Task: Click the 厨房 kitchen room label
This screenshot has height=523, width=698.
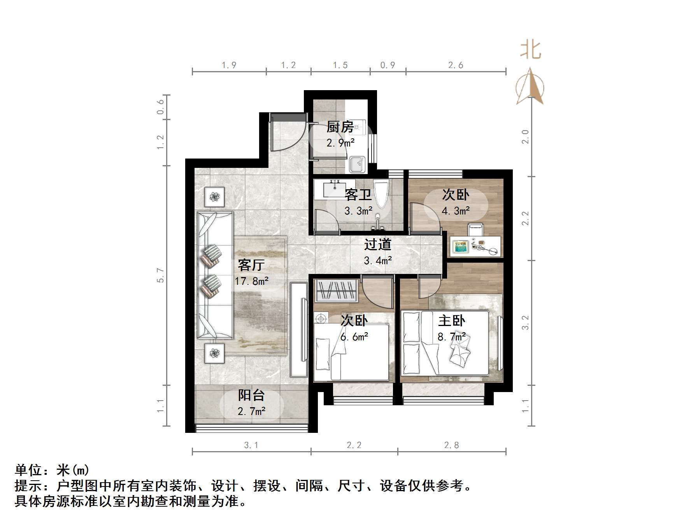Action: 340,127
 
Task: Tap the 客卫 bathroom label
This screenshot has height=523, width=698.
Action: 358,195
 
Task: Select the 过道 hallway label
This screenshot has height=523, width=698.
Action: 377,245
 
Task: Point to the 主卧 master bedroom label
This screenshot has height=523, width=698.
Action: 451,321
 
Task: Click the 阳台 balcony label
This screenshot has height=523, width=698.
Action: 251,396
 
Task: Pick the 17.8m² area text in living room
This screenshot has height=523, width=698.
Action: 251,281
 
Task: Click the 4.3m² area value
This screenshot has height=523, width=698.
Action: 456,211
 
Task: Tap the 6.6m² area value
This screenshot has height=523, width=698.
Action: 354,337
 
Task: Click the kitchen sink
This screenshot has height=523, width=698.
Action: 357,165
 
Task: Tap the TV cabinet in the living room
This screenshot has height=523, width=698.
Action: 299,329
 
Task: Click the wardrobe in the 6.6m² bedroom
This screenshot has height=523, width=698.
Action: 337,290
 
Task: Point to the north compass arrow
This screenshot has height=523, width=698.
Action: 530,87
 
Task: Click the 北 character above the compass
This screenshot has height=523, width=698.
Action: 531,50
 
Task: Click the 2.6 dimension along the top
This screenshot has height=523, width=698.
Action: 456,65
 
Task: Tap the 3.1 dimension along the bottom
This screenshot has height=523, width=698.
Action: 251,445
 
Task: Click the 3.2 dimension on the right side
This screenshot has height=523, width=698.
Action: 525,323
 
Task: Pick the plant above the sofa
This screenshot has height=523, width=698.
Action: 215,197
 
